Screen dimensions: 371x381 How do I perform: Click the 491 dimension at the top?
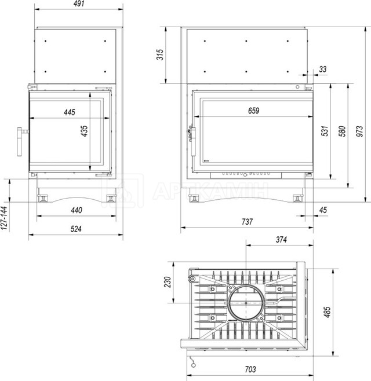click(x=79, y=3)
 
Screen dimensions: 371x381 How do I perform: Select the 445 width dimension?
click(x=70, y=112)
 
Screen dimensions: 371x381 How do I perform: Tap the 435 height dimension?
click(x=85, y=131)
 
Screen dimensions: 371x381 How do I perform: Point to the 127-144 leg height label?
click(x=4, y=218)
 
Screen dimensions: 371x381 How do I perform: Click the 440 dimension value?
click(x=77, y=210)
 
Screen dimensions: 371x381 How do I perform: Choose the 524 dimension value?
click(x=76, y=229)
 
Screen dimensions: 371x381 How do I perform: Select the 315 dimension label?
click(x=160, y=54)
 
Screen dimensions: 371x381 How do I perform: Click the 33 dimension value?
click(x=322, y=69)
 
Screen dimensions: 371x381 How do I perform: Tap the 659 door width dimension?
click(x=254, y=111)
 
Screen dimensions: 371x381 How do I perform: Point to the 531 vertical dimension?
click(x=325, y=131)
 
